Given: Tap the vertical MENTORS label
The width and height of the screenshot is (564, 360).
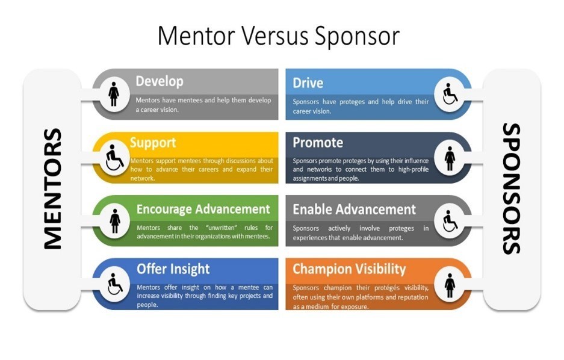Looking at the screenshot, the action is (52, 189).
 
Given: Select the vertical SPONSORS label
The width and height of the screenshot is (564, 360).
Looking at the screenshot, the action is (511, 189).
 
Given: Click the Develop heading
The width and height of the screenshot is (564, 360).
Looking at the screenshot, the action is (160, 81).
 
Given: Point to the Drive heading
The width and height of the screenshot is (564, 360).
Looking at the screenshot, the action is (308, 83).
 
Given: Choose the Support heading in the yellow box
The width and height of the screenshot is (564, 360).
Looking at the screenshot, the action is (153, 143).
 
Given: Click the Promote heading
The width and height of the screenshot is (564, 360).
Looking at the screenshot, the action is (318, 143).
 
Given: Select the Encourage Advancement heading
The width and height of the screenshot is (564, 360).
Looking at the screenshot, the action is (203, 209).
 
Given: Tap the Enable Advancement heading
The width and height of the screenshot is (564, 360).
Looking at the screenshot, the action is (354, 209).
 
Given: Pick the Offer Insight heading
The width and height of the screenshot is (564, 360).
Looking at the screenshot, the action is (173, 269).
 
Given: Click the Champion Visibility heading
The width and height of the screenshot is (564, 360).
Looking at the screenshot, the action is (349, 269).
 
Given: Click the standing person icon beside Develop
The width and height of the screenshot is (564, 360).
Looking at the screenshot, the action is (114, 95).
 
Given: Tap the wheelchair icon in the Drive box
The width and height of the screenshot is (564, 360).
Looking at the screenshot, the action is (450, 95).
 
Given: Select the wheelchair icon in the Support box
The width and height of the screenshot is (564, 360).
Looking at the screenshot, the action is (114, 158).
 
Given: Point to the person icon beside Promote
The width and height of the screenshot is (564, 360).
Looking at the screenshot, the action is (450, 158).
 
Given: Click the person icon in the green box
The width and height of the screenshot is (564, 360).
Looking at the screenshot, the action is (115, 221).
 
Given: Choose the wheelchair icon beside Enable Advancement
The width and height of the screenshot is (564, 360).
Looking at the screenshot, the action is (450, 221).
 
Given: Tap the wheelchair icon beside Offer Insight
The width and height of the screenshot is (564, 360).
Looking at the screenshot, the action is (115, 284).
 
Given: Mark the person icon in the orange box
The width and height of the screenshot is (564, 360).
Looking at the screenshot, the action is (450, 285).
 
